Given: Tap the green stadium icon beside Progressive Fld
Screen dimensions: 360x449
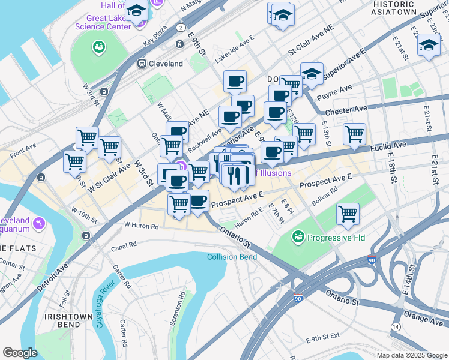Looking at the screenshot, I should [298, 238].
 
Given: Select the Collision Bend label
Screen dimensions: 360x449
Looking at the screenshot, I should [232, 257].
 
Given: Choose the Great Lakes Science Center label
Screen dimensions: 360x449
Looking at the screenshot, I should [102, 22].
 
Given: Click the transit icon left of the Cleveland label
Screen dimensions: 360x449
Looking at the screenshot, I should [142, 63].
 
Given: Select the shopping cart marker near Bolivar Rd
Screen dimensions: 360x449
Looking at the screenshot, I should [348, 214].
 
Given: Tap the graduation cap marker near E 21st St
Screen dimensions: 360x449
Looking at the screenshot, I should [428, 45].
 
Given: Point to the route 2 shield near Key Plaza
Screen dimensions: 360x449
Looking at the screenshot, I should [181, 27].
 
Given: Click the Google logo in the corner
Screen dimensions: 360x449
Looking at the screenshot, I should [20, 353].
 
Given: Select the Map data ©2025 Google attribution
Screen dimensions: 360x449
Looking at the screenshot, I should [412, 355].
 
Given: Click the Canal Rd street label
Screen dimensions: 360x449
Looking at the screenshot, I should [124, 245].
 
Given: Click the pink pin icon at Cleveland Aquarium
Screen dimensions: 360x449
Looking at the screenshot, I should [39, 223].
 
